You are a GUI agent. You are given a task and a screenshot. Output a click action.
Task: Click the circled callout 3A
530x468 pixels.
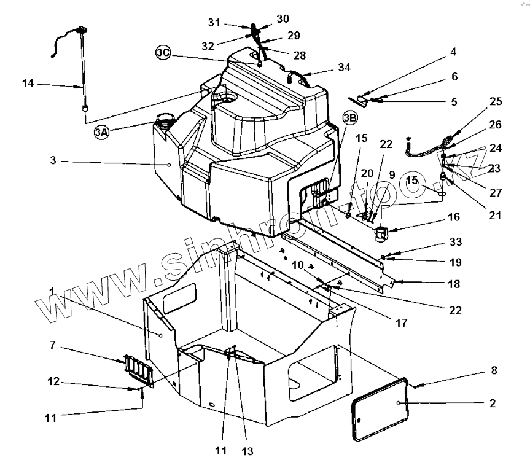tap(102, 131)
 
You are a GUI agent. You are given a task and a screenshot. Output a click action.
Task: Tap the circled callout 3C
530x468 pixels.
tap(163, 53)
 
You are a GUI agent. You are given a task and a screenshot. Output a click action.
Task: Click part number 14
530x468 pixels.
tap(28, 83)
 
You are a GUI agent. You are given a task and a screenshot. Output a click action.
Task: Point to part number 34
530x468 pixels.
tap(345, 67)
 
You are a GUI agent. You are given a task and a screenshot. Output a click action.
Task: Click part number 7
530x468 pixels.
tap(53, 346)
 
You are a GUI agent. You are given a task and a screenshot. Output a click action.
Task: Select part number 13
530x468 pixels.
tap(247, 451)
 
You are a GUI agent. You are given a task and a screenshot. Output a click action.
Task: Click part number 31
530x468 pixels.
tap(214, 23)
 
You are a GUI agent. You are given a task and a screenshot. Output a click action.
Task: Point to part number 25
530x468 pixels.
tap(496, 101)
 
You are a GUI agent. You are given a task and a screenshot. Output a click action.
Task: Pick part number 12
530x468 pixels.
tap(53, 381)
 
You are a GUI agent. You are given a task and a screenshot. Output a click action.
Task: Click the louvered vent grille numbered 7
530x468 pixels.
tap(135, 370)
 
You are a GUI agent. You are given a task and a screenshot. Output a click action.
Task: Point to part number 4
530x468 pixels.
tap(453, 52)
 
